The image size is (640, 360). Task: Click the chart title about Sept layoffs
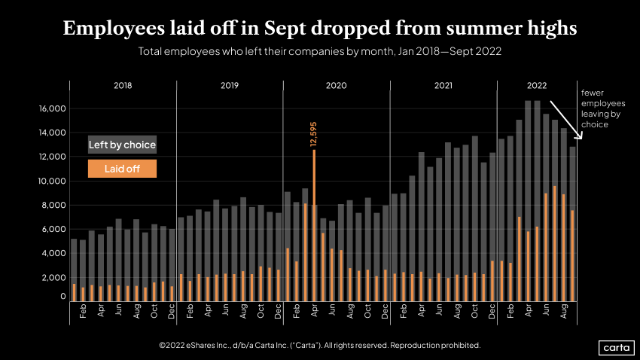(x=320, y=29)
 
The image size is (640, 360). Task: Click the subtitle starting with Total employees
(x=320, y=53)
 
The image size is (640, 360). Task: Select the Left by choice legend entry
(x=122, y=145)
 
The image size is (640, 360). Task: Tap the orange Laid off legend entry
(x=122, y=169)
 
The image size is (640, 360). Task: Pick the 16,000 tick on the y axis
(x=53, y=108)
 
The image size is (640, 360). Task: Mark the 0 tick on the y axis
(x=62, y=297)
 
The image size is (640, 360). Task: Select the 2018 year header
(x=123, y=86)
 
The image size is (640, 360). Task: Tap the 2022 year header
(x=537, y=86)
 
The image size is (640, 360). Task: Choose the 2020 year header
(x=336, y=86)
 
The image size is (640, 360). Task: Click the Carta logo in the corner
(x=615, y=347)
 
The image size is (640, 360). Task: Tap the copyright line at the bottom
(x=320, y=345)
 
